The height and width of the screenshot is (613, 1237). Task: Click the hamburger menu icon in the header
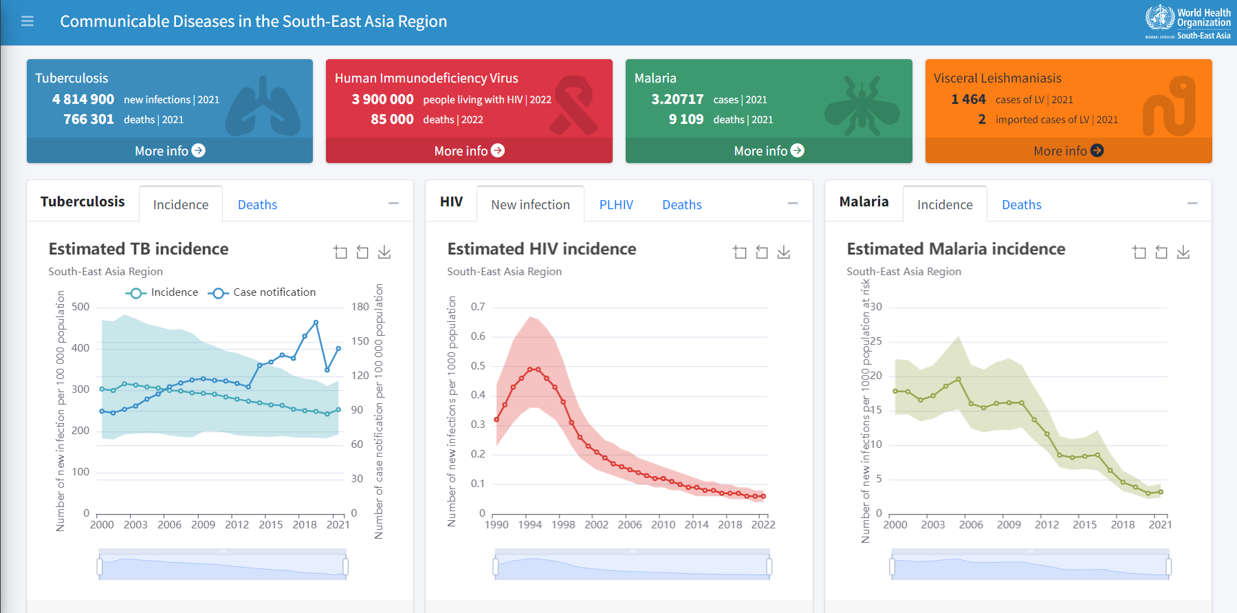coord(28,21)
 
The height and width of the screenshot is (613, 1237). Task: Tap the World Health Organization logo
coord(1187,22)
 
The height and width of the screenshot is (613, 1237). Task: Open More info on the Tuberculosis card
coord(170,151)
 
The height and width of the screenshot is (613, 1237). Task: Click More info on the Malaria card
coord(769,151)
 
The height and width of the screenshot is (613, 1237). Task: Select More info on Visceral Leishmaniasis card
coord(1069,151)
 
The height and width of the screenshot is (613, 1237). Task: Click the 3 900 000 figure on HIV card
coord(382,100)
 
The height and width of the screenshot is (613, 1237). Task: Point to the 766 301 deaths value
coord(89,120)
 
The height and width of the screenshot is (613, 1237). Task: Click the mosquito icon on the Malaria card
coord(862,105)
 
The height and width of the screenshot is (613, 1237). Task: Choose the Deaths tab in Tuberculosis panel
coord(257,205)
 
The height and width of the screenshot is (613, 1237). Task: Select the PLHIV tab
coord(616,205)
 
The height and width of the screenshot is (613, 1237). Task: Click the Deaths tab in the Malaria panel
coord(1021,205)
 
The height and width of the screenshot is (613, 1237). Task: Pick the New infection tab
coord(530,205)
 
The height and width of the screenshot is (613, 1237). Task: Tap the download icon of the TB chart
coord(384,252)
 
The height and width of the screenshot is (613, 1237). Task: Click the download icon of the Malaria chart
coord(1183,252)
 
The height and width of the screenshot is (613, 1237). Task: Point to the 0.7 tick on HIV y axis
coord(478,307)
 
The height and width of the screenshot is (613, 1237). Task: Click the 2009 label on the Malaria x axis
coord(1009,525)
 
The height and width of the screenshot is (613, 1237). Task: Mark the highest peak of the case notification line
coord(316,322)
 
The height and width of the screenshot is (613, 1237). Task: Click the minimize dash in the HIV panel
coord(793,203)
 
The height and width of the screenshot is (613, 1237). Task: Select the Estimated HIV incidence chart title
coord(541,249)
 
